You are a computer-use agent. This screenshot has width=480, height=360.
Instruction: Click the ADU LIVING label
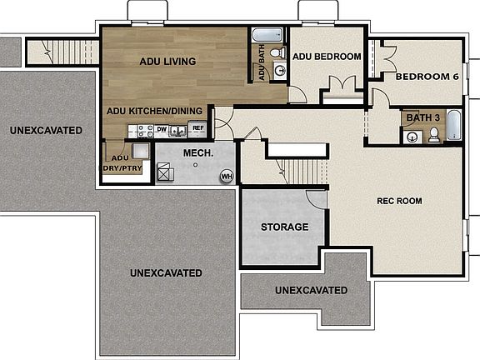click(167, 61)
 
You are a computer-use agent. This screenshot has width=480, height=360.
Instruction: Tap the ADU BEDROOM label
click(326, 57)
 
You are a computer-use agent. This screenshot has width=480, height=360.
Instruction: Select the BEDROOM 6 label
click(427, 77)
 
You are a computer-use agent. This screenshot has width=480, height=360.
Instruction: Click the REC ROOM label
click(399, 201)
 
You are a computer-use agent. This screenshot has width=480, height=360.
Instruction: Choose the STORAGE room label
click(284, 227)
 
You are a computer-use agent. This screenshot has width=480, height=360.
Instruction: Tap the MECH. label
click(197, 153)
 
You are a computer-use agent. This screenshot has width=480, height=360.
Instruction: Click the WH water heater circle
click(226, 176)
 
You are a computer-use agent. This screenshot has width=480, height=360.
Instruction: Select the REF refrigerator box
click(197, 128)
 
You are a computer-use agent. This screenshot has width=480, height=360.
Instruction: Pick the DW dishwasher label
click(162, 130)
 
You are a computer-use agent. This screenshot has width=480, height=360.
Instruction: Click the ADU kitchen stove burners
click(144, 130)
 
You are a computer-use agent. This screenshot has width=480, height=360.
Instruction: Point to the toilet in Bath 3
click(433, 135)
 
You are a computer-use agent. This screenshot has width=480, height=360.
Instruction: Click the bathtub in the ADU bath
click(268, 35)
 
